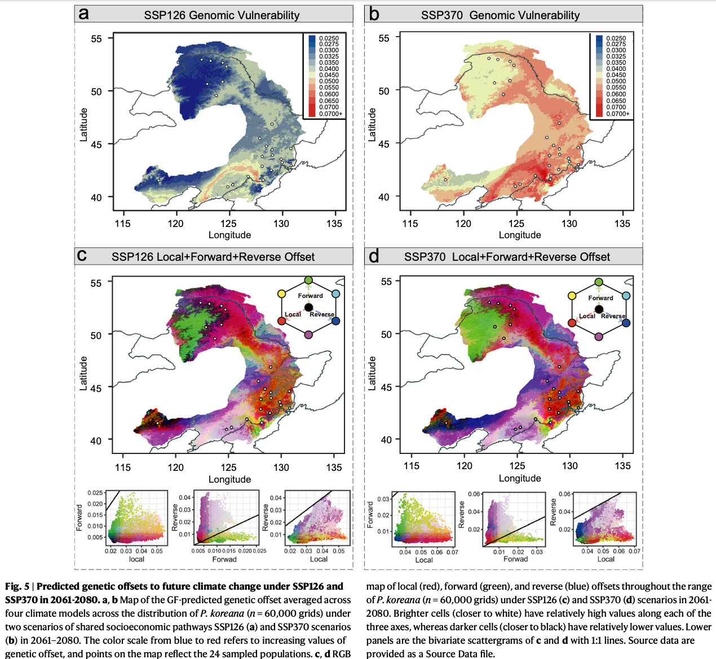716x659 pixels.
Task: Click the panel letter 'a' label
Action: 83,14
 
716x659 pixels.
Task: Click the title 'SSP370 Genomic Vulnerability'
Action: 500,15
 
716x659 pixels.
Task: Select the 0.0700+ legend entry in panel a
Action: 330,114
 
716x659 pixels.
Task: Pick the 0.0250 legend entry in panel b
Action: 616,38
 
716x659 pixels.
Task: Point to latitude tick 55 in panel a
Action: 96,38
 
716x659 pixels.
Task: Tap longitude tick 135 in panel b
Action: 622,224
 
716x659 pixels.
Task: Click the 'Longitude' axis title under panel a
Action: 229,235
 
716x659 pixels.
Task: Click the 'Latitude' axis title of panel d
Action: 372,373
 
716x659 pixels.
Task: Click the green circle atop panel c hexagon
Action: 308,280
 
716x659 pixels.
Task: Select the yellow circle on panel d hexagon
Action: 572,296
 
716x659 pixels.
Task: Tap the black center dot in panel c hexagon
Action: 308,307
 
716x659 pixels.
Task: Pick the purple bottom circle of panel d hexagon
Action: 599,337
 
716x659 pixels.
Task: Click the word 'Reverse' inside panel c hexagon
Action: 322,314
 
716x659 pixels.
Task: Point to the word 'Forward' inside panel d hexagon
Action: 600,298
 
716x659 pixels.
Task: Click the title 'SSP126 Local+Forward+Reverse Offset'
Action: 213,257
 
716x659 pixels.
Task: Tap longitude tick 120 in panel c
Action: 175,467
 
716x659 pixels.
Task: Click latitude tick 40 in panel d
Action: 386,439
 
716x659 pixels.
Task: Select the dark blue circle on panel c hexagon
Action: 336,320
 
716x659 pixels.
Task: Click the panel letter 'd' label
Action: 373,256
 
